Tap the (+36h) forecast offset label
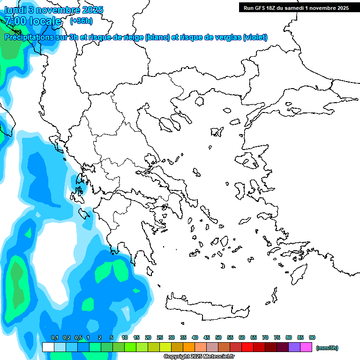[81, 21]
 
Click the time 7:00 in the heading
[15, 21]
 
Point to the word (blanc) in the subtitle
[157, 37]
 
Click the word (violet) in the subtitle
[255, 37]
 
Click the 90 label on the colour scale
[312, 337]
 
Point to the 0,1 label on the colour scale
[55, 337]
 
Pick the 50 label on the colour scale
[218, 337]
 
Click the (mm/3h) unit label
[327, 348]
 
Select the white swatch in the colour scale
[48, 347]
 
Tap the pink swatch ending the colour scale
[306, 347]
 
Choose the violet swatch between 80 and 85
[294, 347]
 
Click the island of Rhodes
[298, 274]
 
